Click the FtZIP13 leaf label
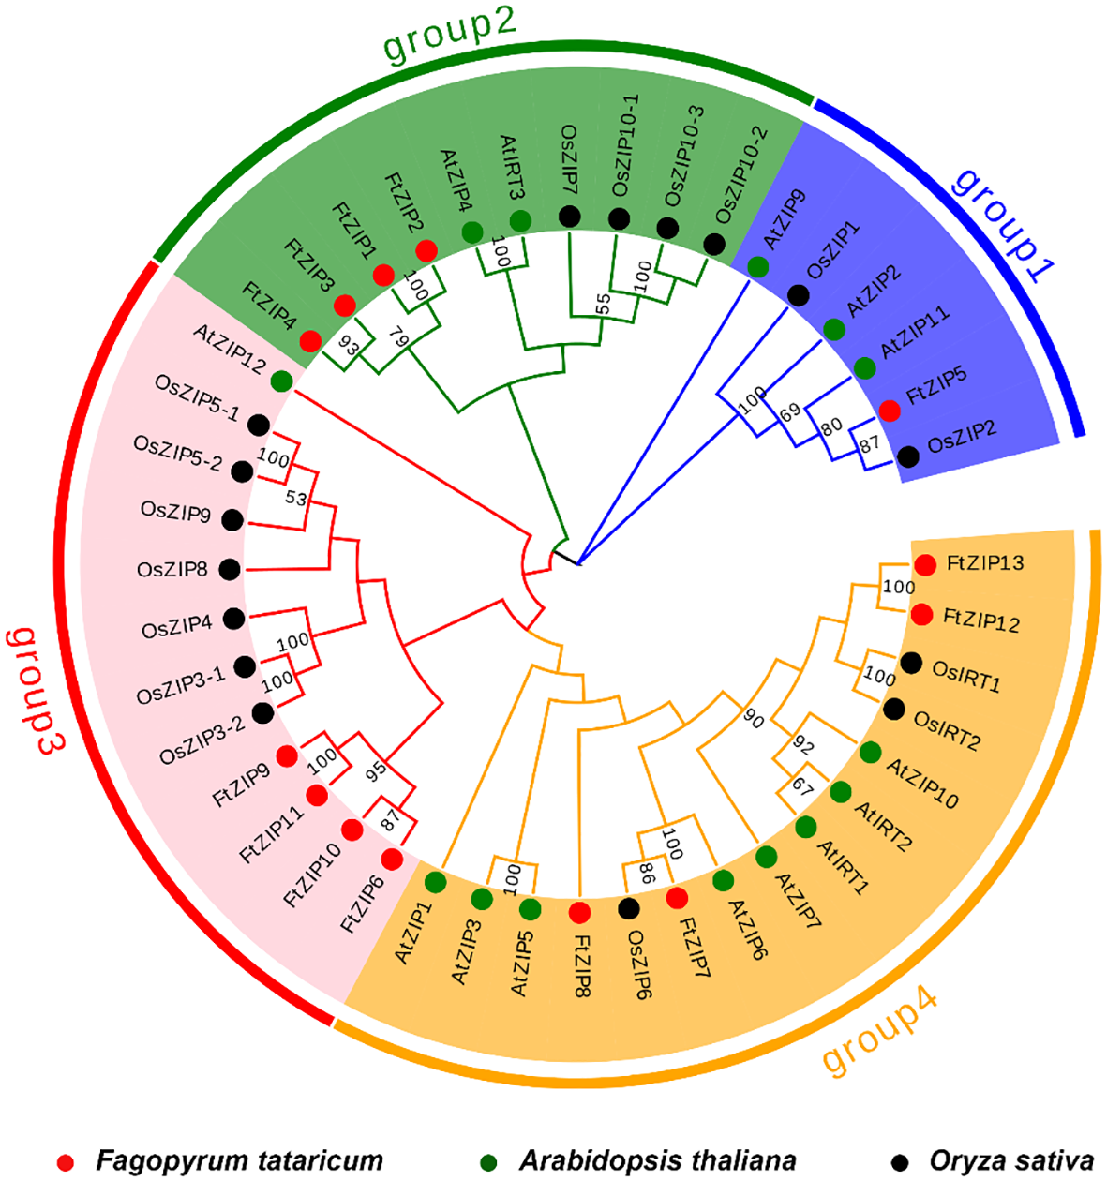[984, 563]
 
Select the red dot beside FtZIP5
[890, 411]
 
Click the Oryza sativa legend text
[1011, 1160]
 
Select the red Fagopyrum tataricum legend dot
[65, 1161]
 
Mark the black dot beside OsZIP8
[229, 569]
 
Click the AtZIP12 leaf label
[230, 349]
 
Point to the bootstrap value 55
[603, 304]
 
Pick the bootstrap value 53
[296, 499]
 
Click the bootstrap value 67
[802, 785]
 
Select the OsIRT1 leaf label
[965, 676]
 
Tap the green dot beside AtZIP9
[757, 267]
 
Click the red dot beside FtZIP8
[579, 911]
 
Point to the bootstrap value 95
[376, 770]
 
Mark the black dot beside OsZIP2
[907, 456]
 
